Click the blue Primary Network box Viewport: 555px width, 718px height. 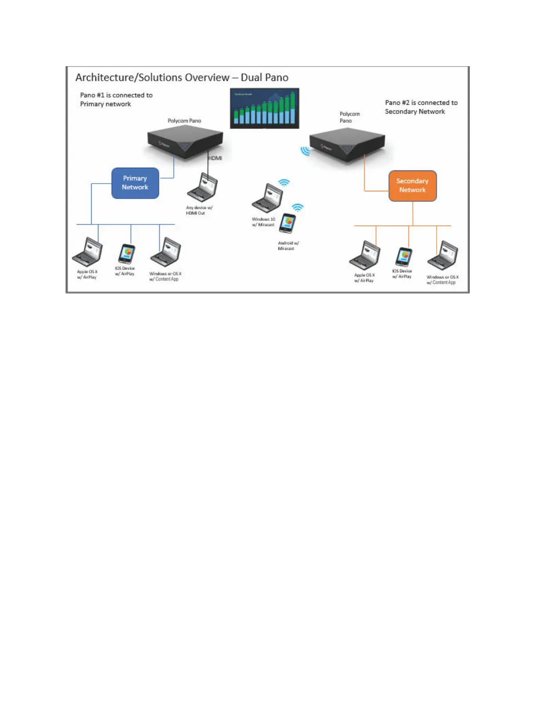tap(135, 183)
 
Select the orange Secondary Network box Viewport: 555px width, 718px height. tap(413, 186)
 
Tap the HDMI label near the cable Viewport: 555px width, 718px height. tap(215, 158)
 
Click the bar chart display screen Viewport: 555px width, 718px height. tap(265, 108)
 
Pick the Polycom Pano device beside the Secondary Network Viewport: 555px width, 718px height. tap(347, 145)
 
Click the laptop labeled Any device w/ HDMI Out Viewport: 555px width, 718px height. tap(203, 188)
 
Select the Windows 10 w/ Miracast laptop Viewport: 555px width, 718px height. tap(268, 199)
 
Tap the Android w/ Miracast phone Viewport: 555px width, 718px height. tap(287, 223)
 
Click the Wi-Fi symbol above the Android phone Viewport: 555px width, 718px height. tap(298, 208)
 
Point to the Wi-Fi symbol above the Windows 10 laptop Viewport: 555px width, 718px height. tap(284, 183)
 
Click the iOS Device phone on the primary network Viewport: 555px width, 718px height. tap(127, 254)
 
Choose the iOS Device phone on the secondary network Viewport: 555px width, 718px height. tap(404, 257)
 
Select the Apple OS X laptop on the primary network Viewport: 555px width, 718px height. tap(88, 252)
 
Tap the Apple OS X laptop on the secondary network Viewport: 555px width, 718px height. tap(365, 256)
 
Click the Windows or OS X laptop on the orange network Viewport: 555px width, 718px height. tap(443, 256)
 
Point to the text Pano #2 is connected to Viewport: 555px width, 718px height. tap(421, 103)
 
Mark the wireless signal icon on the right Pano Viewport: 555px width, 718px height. tap(306, 150)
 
